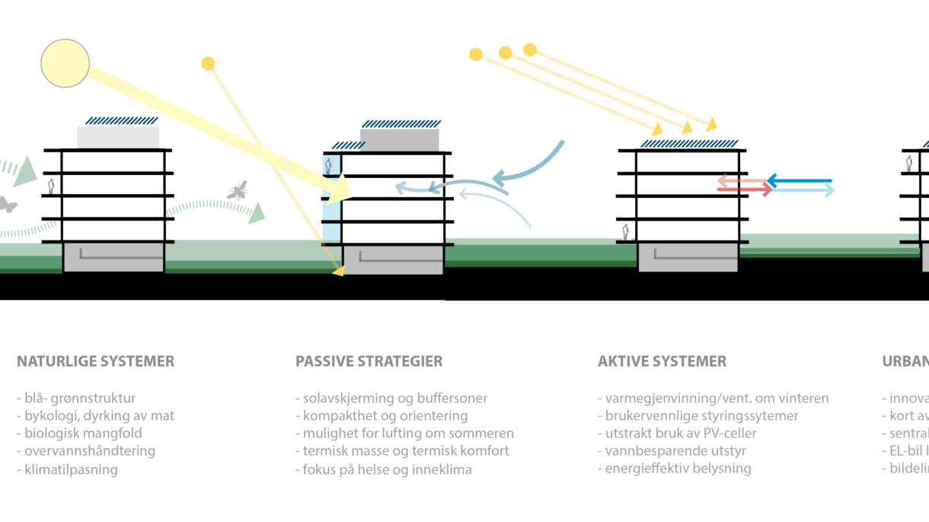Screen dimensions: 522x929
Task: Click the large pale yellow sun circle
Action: (65, 62)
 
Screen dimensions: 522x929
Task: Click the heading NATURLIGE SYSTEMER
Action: (95, 361)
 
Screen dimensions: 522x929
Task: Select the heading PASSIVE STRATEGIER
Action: (369, 361)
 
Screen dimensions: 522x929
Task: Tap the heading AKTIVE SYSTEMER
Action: (662, 361)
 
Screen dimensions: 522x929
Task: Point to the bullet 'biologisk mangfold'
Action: (75, 434)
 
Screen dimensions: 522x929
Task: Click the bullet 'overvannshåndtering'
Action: (85, 451)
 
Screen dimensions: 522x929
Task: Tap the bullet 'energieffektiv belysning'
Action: (674, 469)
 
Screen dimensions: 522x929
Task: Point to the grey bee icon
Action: (237, 189)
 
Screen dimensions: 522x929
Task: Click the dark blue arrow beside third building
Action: (799, 181)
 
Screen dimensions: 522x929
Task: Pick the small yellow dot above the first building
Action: (208, 63)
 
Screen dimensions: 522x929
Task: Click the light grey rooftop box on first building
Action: (118, 137)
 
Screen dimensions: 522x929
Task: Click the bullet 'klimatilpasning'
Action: (67, 469)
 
